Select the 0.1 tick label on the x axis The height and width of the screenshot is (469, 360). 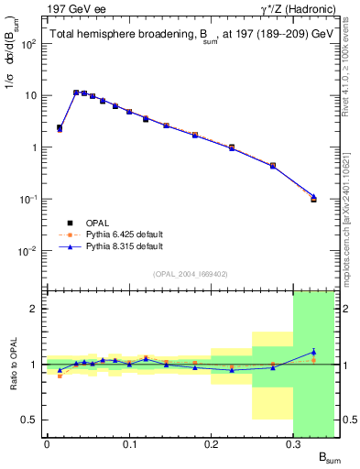click(129, 445)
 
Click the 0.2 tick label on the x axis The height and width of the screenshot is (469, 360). click(212, 445)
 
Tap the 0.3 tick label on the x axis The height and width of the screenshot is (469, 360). click(293, 445)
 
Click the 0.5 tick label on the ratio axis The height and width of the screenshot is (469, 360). click(31, 420)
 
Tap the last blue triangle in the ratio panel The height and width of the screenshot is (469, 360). click(313, 352)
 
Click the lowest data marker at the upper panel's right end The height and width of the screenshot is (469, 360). click(313, 198)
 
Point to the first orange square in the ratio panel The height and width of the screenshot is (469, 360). click(60, 376)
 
